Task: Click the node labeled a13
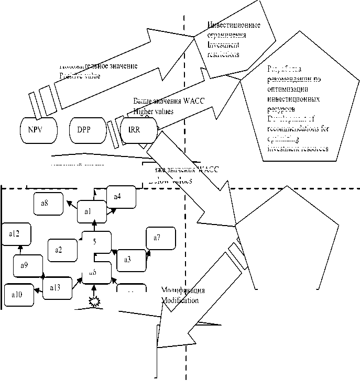tap(58, 287)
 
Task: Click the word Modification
tap(180, 301)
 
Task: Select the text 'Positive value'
tap(79, 75)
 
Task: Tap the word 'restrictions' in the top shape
tap(223, 54)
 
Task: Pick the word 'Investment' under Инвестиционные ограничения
tap(224, 44)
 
